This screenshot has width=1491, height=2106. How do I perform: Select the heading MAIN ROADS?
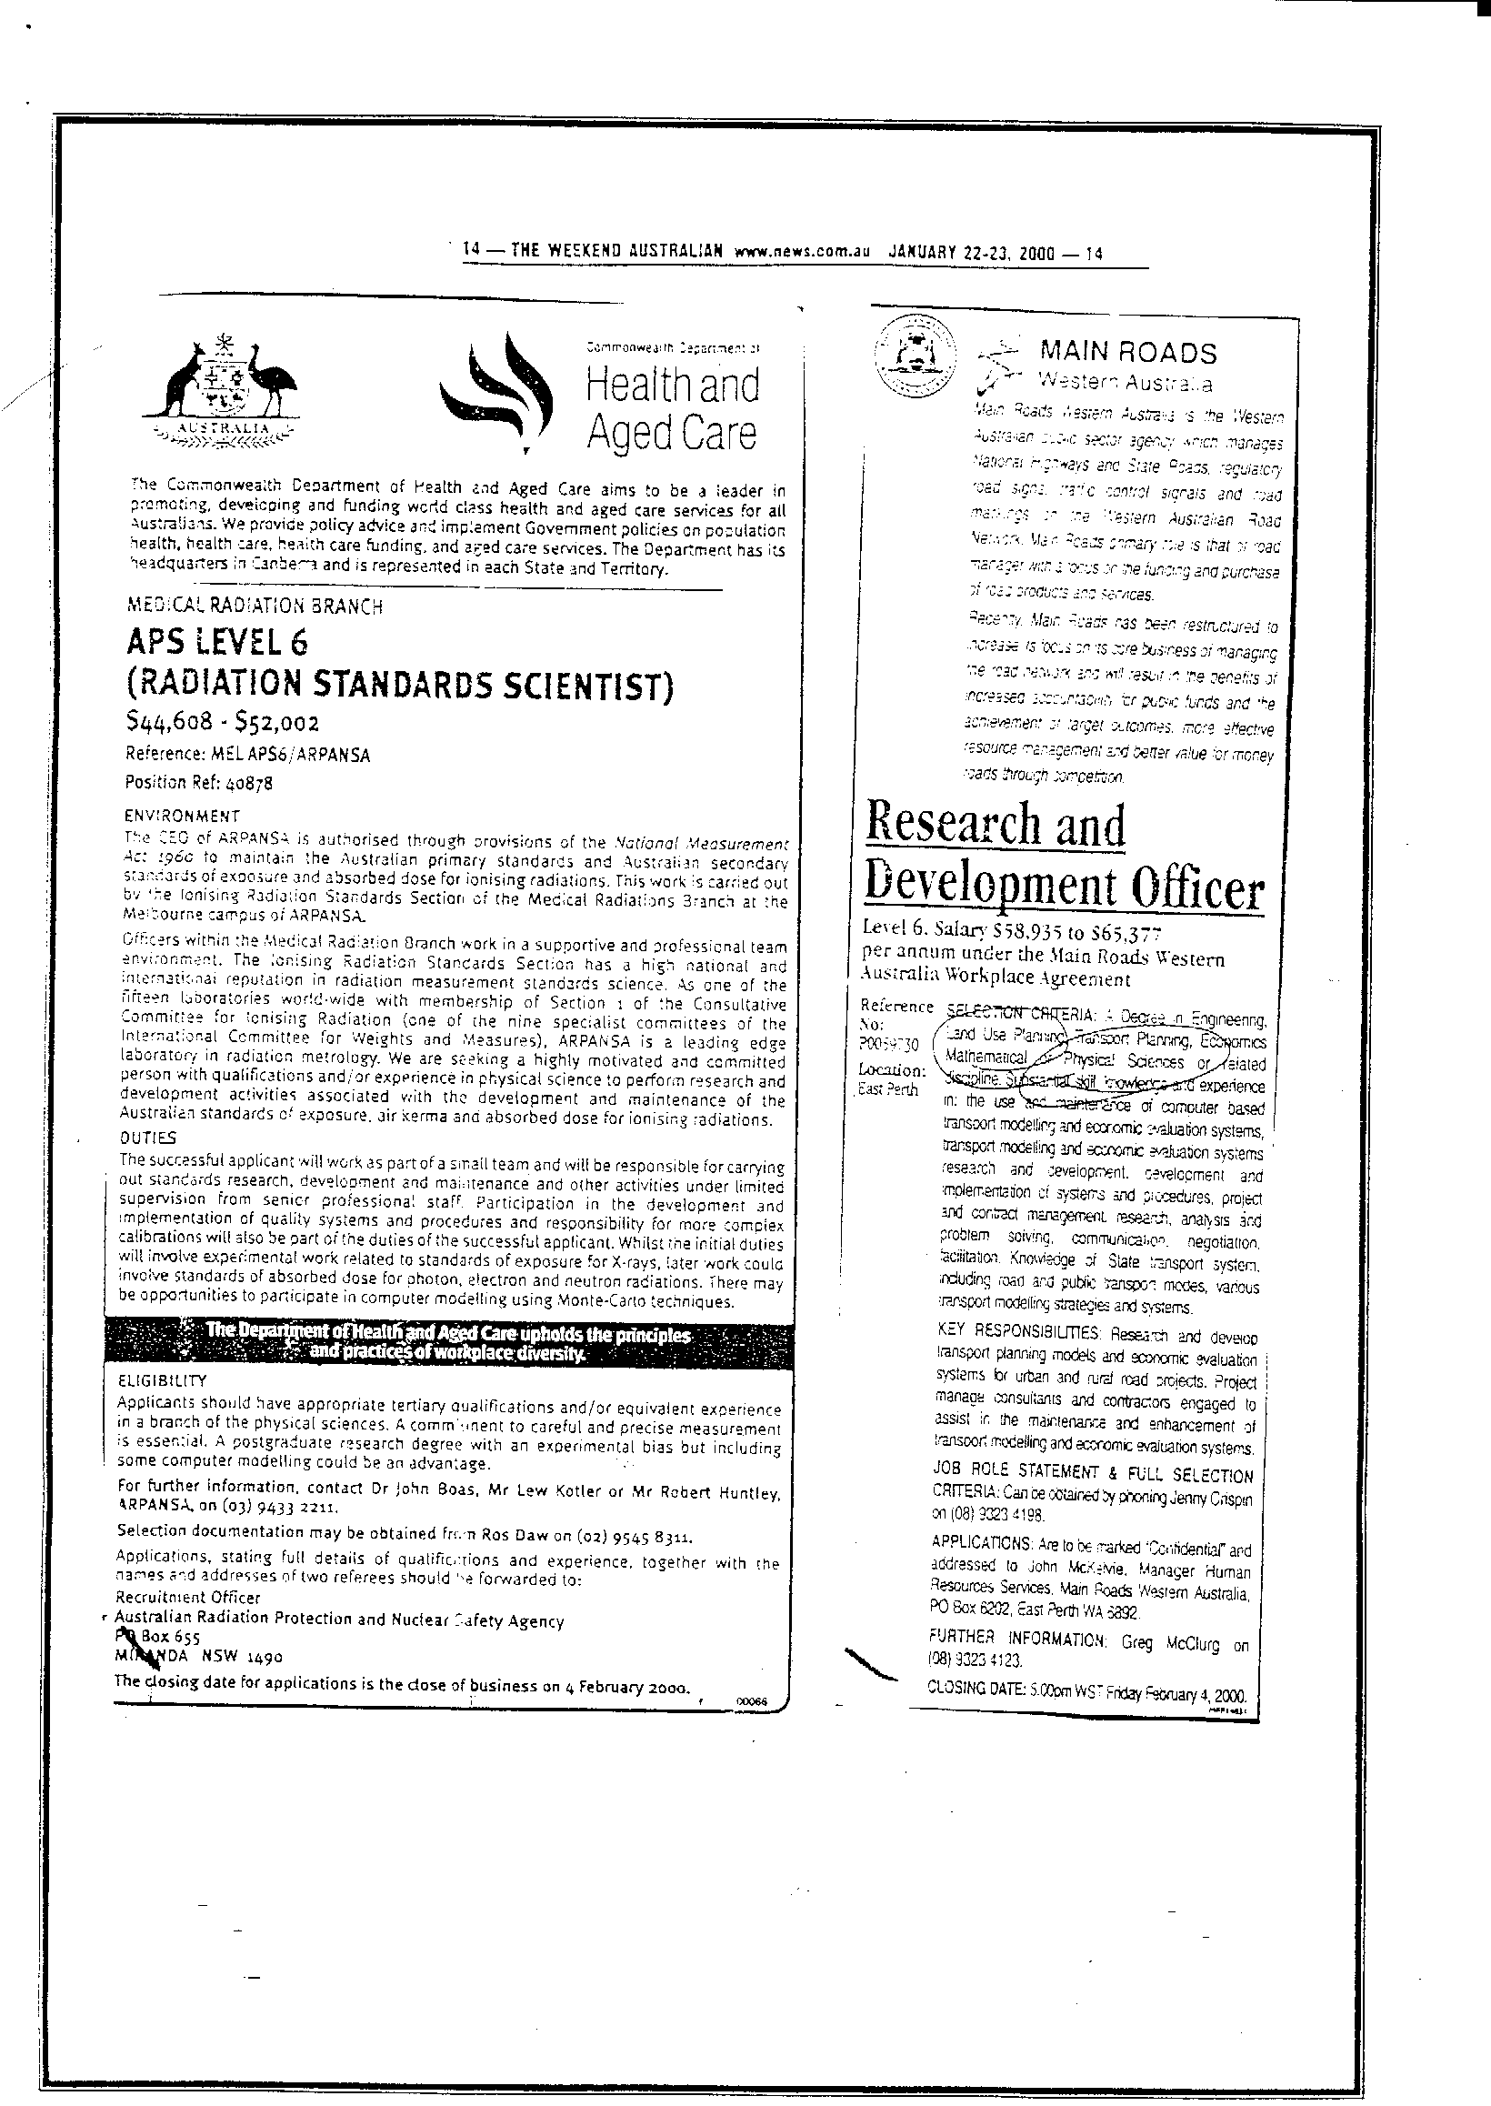(1127, 353)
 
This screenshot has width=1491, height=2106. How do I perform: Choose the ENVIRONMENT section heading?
(182, 816)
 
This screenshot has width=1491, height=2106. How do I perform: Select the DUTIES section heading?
(149, 1138)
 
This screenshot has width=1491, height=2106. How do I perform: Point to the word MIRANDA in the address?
(152, 1657)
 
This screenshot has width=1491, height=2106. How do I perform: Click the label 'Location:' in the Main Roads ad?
(892, 1069)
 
